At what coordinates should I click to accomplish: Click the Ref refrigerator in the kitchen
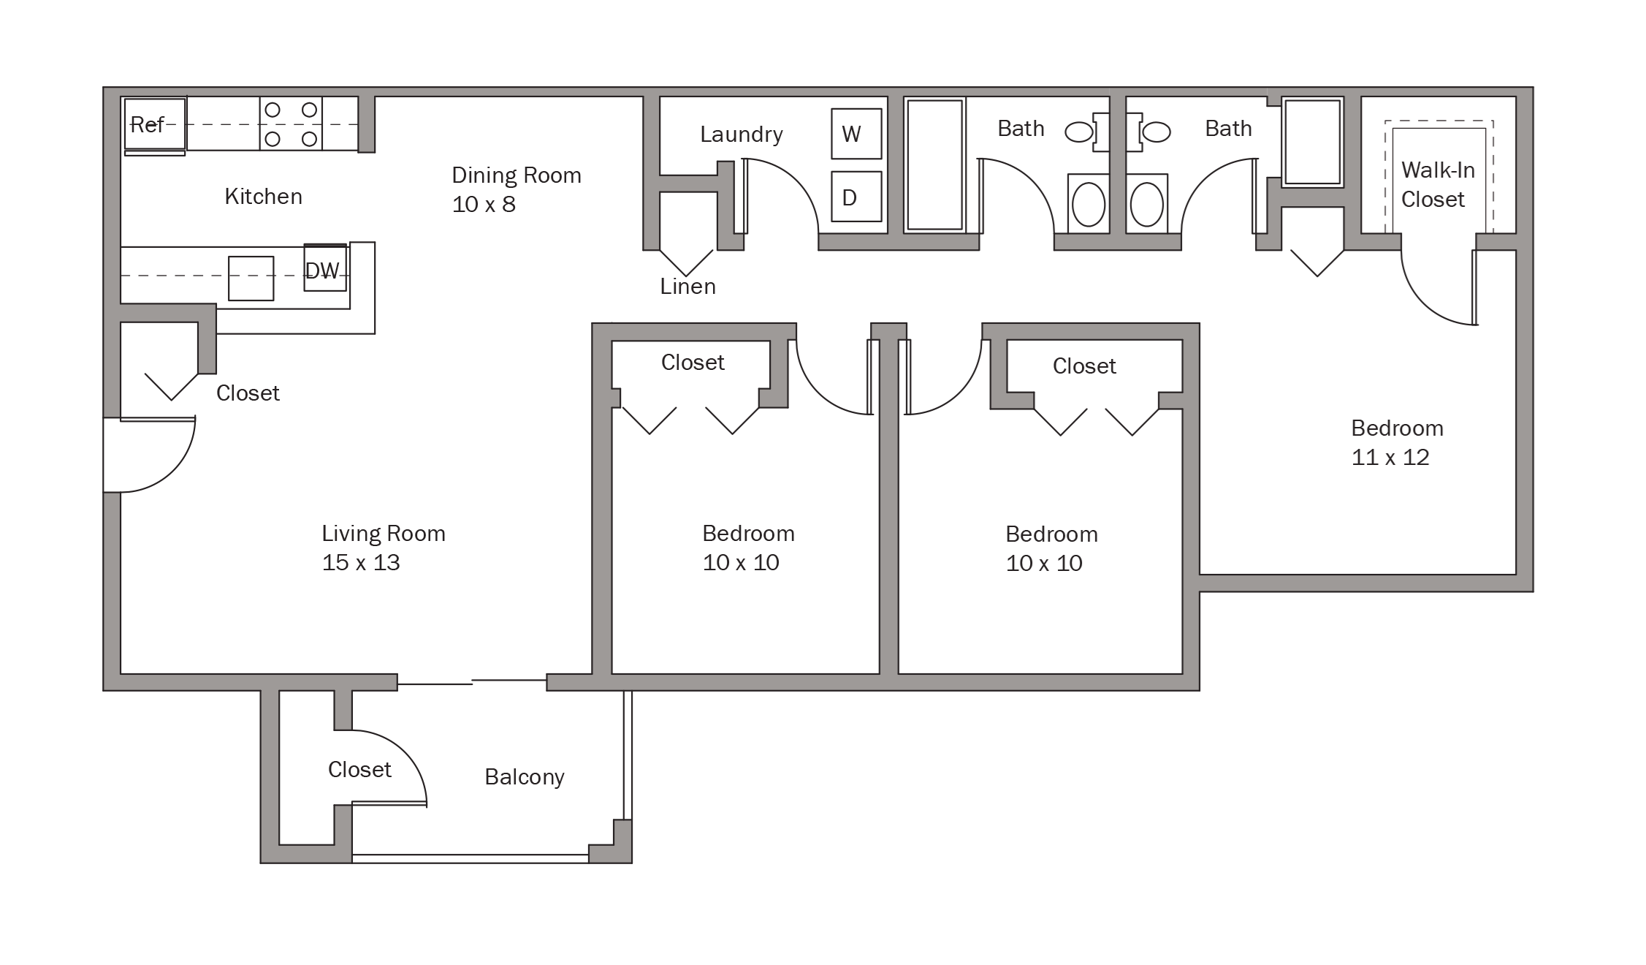coord(155,124)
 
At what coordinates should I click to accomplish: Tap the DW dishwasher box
coord(325,268)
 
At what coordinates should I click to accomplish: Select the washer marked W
coord(856,134)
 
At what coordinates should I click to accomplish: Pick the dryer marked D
coord(856,197)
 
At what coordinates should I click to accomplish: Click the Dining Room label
coord(517,175)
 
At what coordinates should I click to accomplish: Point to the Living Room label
coord(384,534)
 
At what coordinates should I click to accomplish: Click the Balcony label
coord(525,777)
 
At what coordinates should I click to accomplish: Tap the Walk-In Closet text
coord(1437,185)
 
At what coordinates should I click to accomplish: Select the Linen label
coord(687,287)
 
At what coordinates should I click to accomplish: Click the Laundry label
coord(742,135)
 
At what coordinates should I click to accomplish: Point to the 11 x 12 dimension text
coord(1390,458)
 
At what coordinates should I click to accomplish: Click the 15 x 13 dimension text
coord(361,563)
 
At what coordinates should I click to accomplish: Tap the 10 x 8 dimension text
coord(484,205)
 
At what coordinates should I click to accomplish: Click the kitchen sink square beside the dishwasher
coord(251,278)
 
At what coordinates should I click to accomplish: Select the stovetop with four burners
coord(291,123)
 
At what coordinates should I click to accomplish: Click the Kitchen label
coord(263,197)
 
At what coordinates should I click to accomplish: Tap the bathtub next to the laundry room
coord(934,165)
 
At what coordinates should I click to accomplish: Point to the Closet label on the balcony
coord(359,770)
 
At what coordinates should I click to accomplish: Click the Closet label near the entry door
coord(248,393)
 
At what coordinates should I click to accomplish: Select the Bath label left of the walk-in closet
coord(1228,129)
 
